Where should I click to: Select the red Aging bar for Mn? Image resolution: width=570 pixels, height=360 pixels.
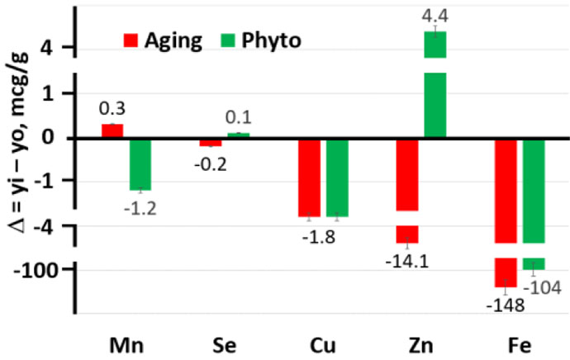pos(112,130)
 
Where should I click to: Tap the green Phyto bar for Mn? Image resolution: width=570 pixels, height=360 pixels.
pos(140,163)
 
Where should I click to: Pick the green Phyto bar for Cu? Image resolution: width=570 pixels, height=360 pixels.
pos(337,177)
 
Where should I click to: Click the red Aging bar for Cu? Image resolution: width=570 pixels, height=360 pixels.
pos(309,177)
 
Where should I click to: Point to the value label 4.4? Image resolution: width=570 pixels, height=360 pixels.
pos(435,14)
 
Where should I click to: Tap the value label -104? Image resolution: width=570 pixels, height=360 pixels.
pos(542,287)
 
